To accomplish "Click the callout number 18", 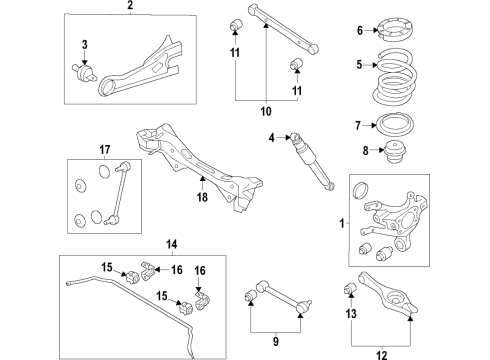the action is (202, 197).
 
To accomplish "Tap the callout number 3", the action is (85, 44).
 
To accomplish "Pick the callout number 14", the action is (171, 245).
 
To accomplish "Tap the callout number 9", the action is (275, 341).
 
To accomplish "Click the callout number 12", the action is (382, 355).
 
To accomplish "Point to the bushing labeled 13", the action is (350, 288).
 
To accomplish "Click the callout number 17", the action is (105, 150).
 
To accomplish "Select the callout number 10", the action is (266, 111).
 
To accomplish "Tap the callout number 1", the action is (342, 223).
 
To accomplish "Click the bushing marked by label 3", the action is (83, 73).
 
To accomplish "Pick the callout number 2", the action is (130, 5).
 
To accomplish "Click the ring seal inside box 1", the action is (360, 190).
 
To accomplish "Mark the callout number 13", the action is (351, 313).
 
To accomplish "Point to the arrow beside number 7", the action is (369, 126).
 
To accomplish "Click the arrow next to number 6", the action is (371, 30).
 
